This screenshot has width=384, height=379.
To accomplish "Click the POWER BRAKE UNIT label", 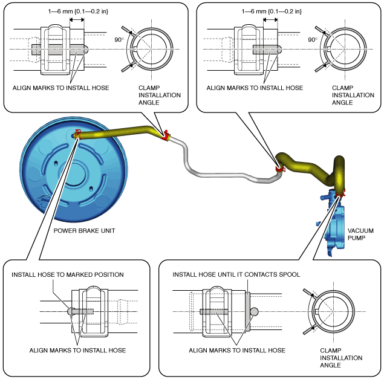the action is pyautogui.click(x=84, y=231).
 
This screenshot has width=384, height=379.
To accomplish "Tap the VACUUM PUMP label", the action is pyautogui.click(x=360, y=235).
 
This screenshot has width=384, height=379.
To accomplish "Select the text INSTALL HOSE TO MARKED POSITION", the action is pyautogui.click(x=68, y=274).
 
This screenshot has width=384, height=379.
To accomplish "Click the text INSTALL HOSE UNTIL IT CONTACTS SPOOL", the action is pyautogui.click(x=236, y=274).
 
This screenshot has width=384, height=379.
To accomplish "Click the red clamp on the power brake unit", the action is pyautogui.click(x=78, y=134).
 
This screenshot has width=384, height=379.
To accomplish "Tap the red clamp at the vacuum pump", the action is pyautogui.click(x=341, y=193).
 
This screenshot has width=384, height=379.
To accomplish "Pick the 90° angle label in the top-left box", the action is pyautogui.click(x=119, y=40).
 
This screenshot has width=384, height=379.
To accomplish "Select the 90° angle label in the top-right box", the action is pyautogui.click(x=313, y=40).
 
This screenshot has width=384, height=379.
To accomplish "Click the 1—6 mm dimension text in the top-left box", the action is pyautogui.click(x=78, y=11).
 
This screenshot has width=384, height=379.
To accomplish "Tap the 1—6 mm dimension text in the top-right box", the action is pyautogui.click(x=272, y=11).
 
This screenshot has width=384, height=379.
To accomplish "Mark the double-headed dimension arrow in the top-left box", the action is pyautogui.click(x=77, y=20).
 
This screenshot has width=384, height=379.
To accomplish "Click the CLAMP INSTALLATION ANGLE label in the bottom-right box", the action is pyautogui.click(x=341, y=358).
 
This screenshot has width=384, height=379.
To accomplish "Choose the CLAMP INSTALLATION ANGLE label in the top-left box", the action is pyautogui.click(x=160, y=95).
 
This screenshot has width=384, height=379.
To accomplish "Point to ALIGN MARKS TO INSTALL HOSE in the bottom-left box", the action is pyautogui.click(x=77, y=351).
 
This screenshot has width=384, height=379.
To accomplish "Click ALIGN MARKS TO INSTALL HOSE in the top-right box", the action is pyautogui.click(x=255, y=88).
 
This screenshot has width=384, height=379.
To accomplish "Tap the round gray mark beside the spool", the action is pyautogui.click(x=254, y=311).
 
